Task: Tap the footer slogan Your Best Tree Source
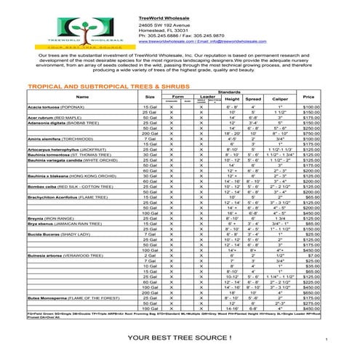[179, 339]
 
